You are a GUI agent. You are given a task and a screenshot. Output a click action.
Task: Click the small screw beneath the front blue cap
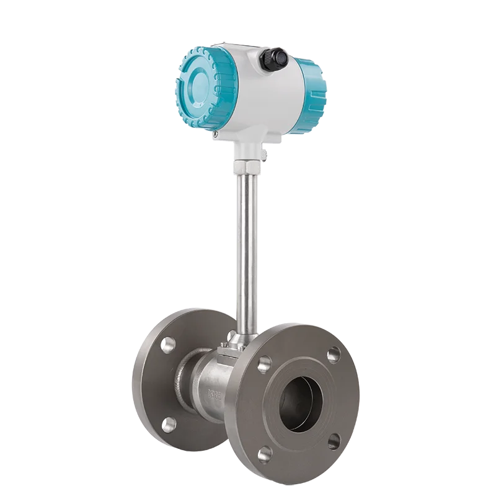(x=215, y=132)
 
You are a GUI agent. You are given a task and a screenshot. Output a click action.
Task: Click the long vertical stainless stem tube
(x=247, y=248)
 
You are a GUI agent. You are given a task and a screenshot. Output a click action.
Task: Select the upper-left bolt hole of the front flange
(x=265, y=363)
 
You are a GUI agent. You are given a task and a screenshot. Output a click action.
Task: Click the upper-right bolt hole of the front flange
(x=334, y=354)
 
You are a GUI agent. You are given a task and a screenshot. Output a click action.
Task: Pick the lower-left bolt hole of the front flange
(x=265, y=454)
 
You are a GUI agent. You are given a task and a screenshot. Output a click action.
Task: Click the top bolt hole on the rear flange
(x=168, y=345)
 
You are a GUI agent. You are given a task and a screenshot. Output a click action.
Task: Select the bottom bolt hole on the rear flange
(x=168, y=423)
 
